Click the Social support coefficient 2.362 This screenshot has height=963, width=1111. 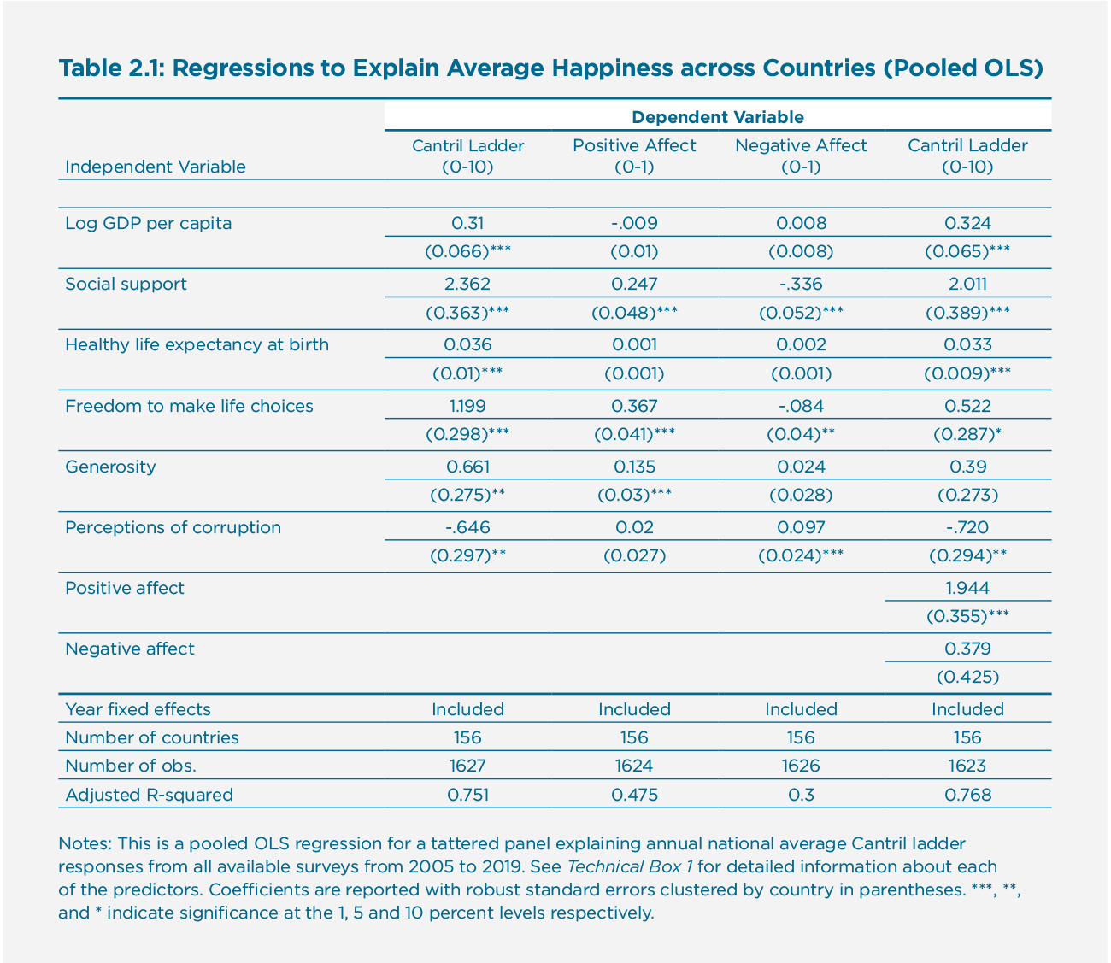click(467, 284)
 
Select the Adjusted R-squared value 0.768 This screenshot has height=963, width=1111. click(967, 795)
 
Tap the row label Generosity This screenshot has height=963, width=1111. click(110, 467)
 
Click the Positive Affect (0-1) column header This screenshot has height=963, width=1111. click(634, 156)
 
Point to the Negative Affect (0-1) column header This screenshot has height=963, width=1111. click(801, 156)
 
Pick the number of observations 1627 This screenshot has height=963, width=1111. click(467, 766)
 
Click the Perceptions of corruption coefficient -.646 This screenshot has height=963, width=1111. click(467, 527)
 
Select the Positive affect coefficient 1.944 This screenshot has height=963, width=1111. click(967, 588)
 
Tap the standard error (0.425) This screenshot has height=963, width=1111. click(967, 678)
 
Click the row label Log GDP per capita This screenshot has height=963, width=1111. click(148, 223)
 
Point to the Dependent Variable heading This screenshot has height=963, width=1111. click(717, 117)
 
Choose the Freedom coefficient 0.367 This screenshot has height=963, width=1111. click(634, 406)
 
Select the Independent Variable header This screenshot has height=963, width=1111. click(155, 167)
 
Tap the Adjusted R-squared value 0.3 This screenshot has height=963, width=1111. click(801, 795)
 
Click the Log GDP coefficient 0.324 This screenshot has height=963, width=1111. click(967, 223)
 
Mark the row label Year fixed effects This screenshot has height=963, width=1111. click(138, 709)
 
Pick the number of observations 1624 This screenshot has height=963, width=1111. click(634, 766)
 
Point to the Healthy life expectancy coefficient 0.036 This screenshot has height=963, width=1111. click(467, 344)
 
